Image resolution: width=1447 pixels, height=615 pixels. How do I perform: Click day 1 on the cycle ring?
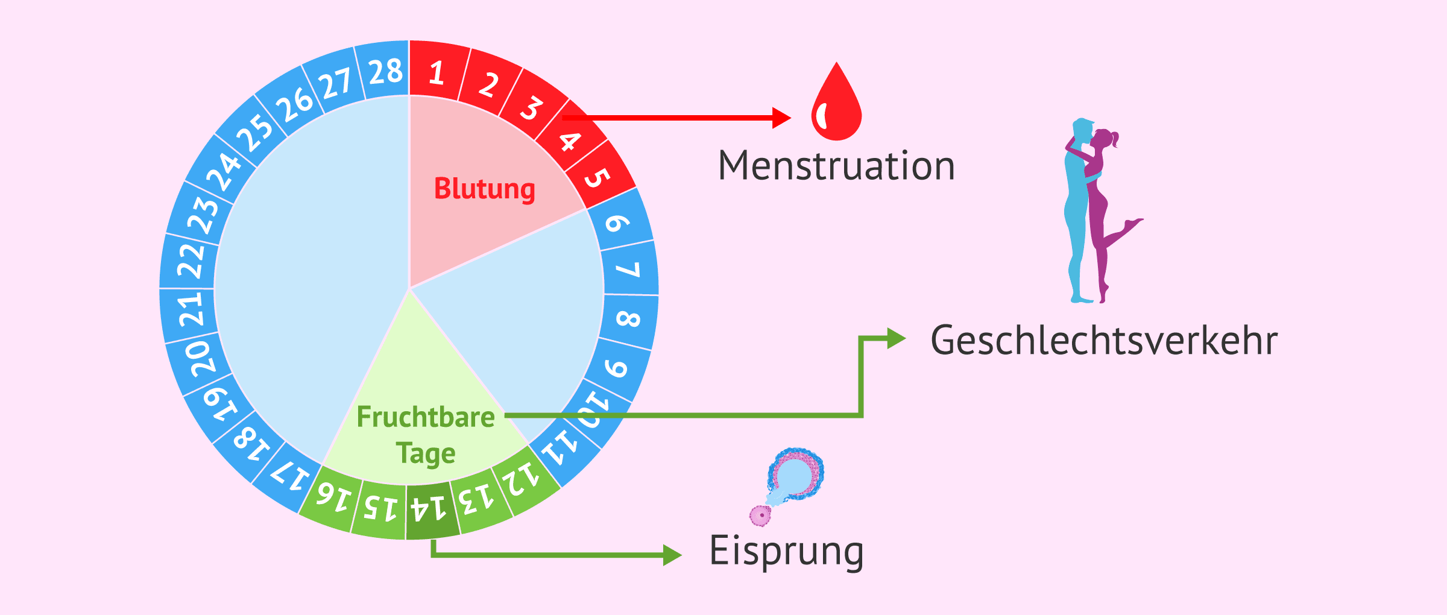[x=437, y=72]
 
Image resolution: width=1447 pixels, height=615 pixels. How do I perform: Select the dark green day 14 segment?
[x=429, y=509]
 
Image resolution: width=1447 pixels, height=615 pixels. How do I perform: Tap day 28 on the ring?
[x=385, y=71]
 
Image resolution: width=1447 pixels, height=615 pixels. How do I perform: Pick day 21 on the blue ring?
[x=191, y=309]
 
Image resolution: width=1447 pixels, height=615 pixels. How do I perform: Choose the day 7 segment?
[x=628, y=268]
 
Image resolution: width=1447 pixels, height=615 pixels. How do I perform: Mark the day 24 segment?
[x=222, y=171]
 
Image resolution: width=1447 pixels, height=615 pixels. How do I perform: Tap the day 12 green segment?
[x=522, y=480]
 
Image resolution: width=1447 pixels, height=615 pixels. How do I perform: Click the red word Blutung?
[x=485, y=189]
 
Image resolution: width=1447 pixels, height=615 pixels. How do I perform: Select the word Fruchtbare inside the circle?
[x=426, y=417]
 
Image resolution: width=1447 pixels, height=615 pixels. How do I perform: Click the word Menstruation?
[x=836, y=166]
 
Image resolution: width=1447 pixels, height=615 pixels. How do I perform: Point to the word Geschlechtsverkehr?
[x=1104, y=341]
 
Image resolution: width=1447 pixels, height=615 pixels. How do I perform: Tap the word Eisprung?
[x=787, y=550]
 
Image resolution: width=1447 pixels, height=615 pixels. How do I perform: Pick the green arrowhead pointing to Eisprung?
[x=672, y=555]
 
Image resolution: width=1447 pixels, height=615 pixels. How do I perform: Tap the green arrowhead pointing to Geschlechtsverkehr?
[x=896, y=338]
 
